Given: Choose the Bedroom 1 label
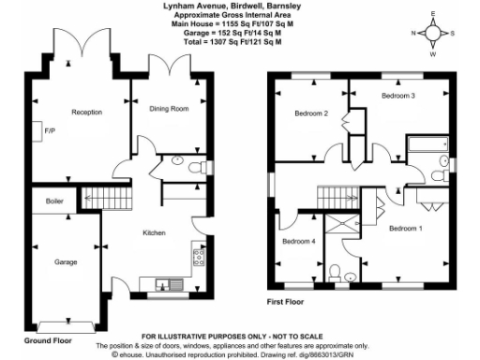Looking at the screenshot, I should click(x=406, y=229).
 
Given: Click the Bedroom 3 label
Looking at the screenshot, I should click(x=398, y=97).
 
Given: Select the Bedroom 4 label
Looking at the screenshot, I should click(x=299, y=243).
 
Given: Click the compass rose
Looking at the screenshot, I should click(x=432, y=35).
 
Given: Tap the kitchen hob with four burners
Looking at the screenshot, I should click(x=199, y=257).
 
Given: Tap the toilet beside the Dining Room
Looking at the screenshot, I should click(x=195, y=167).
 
